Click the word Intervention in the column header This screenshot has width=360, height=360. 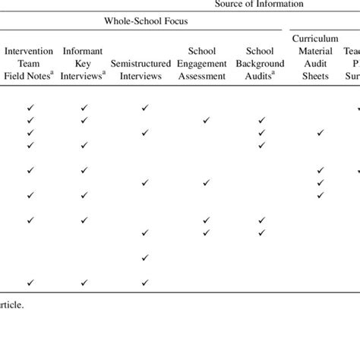[x=30, y=52]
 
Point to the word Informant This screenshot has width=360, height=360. [x=83, y=52]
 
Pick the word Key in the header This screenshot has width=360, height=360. [x=83, y=64]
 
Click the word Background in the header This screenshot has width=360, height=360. [x=261, y=64]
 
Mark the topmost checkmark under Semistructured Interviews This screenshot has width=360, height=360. [x=144, y=109]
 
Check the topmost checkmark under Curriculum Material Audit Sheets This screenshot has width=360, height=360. [x=320, y=133]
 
